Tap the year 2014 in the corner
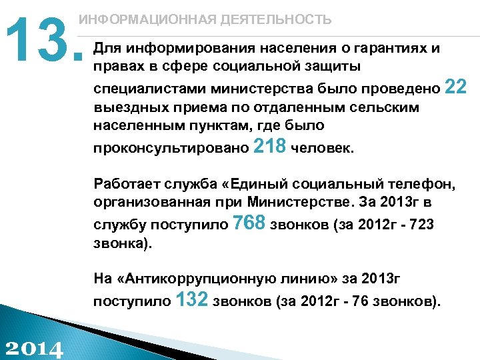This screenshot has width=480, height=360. pos(33,347)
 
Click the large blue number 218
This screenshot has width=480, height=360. pos(271,146)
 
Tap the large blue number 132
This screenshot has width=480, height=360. pos(193,301)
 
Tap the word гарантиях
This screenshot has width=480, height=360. pos(393,49)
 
